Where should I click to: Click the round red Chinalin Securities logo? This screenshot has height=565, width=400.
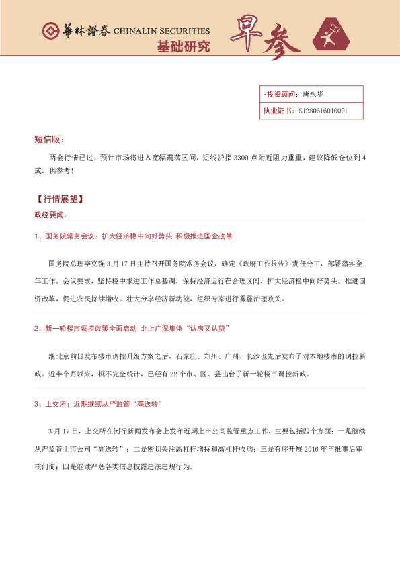(50, 31)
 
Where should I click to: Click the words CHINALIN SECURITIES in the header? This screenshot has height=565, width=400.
(161, 31)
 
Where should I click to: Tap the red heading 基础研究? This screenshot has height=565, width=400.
(183, 47)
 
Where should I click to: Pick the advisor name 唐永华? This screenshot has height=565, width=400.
(313, 95)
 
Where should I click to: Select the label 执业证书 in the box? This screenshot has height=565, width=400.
(278, 111)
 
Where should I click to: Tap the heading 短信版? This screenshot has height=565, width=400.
(49, 140)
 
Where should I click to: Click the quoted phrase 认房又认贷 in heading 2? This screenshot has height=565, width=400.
(208, 329)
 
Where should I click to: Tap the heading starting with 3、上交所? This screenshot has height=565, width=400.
(98, 404)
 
